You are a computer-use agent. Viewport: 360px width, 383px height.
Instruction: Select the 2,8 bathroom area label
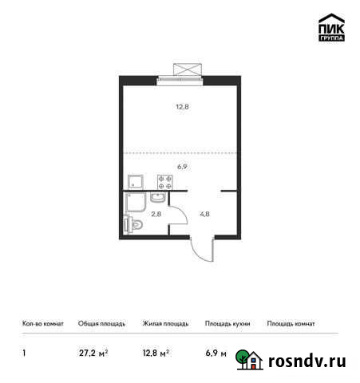point(157,214)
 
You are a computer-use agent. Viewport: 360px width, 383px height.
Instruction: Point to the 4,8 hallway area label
point(204,214)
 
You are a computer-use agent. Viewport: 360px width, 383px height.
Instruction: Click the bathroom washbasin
point(158,198)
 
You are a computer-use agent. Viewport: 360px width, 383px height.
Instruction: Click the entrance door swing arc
point(202,252)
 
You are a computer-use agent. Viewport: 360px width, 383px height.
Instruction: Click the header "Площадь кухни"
point(227,325)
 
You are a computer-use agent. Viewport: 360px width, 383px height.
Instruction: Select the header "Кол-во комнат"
point(43,325)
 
